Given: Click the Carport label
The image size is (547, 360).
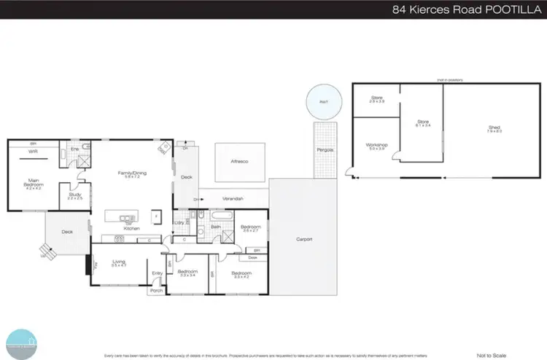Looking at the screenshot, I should pyautogui.click(x=304, y=238).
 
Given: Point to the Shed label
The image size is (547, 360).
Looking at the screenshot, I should pyautogui.click(x=494, y=129).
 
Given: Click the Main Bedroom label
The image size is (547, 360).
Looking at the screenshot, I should pyautogui.click(x=34, y=182).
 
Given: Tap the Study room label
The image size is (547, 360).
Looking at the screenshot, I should pyautogui.click(x=74, y=195).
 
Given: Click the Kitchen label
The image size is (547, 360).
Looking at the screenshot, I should pyautogui.click(x=131, y=229).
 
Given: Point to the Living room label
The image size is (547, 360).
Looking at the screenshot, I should pyautogui.click(x=119, y=264).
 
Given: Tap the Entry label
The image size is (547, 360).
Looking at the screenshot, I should pyautogui.click(x=156, y=273).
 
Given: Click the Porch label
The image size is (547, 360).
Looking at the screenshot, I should pyautogui.click(x=155, y=290).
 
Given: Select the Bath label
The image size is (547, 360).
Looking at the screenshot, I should pyautogui.click(x=216, y=227).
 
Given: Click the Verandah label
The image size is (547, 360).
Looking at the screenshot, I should pyautogui.click(x=233, y=198).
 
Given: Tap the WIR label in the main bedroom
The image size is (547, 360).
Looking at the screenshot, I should pyautogui.click(x=34, y=152).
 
